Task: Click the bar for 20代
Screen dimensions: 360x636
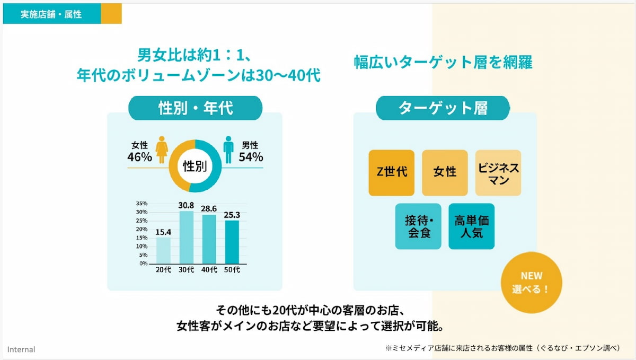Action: click(164, 250)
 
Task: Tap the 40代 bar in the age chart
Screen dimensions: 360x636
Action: click(209, 239)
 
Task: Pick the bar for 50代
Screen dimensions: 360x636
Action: click(232, 242)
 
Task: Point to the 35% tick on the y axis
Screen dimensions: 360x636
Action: click(142, 203)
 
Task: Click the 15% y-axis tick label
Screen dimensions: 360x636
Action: click(142, 238)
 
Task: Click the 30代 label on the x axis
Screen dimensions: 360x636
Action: click(187, 270)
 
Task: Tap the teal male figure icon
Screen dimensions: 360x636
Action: click(228, 150)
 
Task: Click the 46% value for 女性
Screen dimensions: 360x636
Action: click(139, 157)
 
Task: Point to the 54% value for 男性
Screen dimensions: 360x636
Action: click(251, 157)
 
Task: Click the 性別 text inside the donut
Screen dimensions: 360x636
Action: click(195, 166)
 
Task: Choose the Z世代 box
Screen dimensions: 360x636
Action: click(392, 173)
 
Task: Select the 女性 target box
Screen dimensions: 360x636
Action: click(445, 173)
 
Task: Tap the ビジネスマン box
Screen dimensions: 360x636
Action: click(498, 173)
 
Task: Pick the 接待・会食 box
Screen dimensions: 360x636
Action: click(418, 226)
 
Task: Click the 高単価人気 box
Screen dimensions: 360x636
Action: click(471, 226)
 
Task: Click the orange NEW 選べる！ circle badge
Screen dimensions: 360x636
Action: click(531, 283)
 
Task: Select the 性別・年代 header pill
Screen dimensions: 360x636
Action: click(196, 108)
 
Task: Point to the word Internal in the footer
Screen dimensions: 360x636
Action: click(21, 349)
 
